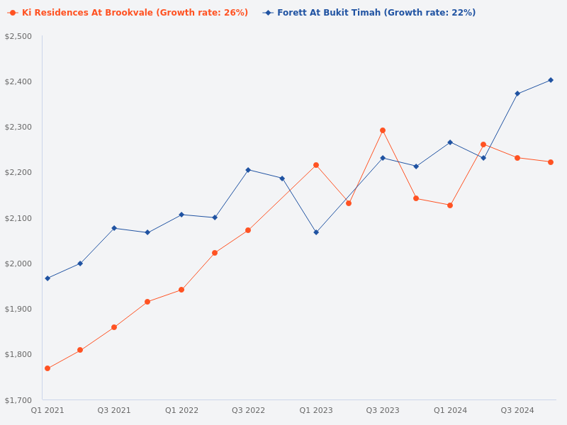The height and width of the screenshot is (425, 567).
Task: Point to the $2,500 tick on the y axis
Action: (18, 36)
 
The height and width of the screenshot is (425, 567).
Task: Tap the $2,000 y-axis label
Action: (18, 263)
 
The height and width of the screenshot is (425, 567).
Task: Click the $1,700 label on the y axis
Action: (18, 400)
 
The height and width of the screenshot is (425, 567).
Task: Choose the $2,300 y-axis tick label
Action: (18, 127)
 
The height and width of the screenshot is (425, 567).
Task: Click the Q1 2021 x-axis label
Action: (47, 411)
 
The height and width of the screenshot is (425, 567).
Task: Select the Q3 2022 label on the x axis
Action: (248, 411)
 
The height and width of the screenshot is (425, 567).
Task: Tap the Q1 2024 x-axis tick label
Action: (450, 411)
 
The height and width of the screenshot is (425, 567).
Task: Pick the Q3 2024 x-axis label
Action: (517, 411)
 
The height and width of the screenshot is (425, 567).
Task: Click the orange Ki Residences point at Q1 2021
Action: (47, 368)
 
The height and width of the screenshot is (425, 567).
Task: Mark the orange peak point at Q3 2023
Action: (383, 130)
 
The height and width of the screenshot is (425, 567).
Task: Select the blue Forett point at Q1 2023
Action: (316, 232)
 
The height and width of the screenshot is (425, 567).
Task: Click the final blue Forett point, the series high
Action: (551, 80)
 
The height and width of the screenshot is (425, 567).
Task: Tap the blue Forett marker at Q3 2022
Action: (248, 170)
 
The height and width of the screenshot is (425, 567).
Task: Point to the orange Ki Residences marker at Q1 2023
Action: (316, 165)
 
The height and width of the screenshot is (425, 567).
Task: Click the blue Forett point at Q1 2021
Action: (47, 278)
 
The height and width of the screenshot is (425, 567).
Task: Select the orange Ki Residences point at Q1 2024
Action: (450, 205)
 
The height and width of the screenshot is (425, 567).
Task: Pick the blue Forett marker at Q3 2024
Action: (517, 93)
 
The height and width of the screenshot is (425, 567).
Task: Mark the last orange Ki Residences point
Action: (551, 162)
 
